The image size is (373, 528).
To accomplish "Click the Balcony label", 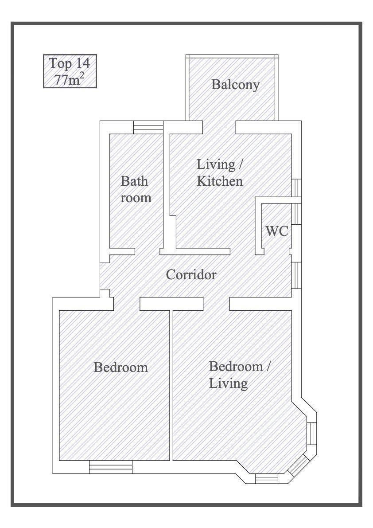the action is tap(235, 84).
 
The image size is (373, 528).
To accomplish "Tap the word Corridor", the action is tap(191, 274).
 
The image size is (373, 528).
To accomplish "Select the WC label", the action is tap(277, 231).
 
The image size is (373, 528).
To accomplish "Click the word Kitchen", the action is tap(220, 181).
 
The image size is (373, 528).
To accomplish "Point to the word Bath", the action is tap(134, 181).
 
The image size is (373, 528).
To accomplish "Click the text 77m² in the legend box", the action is tap(70, 79).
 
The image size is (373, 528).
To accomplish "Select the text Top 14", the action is tap(70, 63).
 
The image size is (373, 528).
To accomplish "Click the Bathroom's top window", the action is tap(148, 127).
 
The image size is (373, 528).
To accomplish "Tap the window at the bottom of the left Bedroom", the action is tap(111, 467).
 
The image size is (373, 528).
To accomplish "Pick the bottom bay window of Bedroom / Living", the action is tap(266, 478).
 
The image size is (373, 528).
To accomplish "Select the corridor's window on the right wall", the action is tap(296, 275).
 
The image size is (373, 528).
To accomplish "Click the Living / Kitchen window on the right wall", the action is tap(296, 188).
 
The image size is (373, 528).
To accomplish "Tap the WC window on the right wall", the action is tap(296, 214).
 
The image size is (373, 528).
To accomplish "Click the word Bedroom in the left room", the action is tap(121, 367).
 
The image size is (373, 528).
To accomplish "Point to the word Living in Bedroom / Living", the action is tap(229, 383).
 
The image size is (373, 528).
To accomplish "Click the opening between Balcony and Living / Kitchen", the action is tap(219, 127).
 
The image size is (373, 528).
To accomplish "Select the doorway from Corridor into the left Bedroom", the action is tap(126, 304).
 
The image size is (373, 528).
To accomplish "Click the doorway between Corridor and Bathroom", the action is tap(148, 251).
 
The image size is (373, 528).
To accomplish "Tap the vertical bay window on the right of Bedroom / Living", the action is tap(312, 434).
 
